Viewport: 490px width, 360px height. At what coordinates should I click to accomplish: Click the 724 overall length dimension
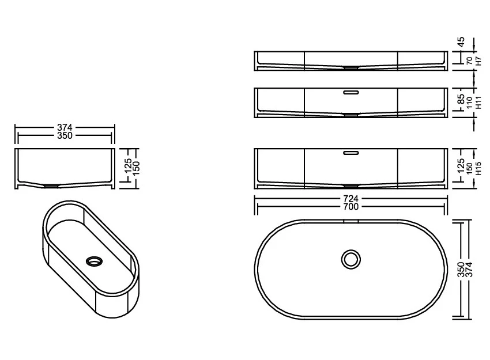[350, 199]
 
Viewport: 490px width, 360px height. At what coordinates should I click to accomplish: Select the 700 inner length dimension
[350, 207]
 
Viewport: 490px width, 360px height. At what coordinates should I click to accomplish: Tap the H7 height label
[478, 61]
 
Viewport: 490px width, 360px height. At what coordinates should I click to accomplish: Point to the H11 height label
[478, 103]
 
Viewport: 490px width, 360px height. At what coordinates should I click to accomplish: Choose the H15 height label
[478, 169]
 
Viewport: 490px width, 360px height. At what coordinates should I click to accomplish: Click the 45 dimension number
[461, 41]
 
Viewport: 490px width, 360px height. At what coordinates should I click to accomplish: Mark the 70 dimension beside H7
[469, 61]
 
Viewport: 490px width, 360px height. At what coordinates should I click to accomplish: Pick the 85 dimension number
[461, 99]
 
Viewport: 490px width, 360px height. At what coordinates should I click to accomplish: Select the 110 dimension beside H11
[469, 103]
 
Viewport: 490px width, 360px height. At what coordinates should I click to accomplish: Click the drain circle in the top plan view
[350, 259]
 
